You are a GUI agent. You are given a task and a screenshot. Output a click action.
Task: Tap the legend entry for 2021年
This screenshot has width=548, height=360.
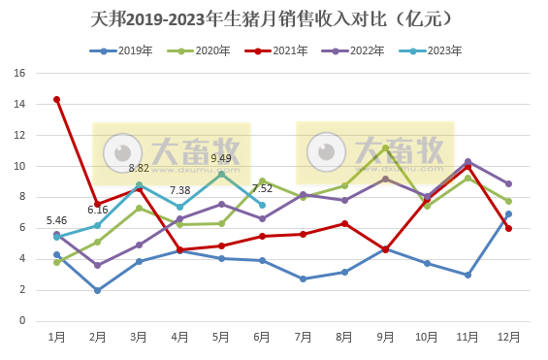(289, 50)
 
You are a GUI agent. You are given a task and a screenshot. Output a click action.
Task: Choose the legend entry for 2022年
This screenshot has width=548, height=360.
(370, 50)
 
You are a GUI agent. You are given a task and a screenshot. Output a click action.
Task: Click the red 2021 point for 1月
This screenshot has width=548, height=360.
(57, 99)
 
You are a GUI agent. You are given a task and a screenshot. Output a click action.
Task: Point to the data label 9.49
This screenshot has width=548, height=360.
(221, 159)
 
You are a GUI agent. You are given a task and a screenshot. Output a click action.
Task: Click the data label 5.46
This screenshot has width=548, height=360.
(57, 221)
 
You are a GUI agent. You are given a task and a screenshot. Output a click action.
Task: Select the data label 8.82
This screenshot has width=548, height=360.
(139, 168)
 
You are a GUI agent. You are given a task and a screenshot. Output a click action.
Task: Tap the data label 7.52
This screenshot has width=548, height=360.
(262, 189)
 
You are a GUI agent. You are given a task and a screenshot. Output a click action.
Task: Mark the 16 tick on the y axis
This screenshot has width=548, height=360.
(20, 73)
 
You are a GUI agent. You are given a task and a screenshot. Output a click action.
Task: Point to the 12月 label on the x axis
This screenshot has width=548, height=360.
(507, 337)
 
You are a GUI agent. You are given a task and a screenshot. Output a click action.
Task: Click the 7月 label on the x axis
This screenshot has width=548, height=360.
(303, 337)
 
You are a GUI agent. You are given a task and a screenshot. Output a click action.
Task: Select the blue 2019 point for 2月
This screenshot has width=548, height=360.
(98, 290)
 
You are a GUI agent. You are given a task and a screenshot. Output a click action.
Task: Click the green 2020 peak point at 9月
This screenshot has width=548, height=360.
(385, 147)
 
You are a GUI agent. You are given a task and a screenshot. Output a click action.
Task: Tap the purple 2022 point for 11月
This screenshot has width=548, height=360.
(467, 161)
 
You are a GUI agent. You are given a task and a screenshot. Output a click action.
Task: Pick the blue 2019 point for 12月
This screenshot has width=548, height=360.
(508, 213)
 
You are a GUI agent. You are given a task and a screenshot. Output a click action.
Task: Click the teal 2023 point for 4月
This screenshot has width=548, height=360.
(179, 207)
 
